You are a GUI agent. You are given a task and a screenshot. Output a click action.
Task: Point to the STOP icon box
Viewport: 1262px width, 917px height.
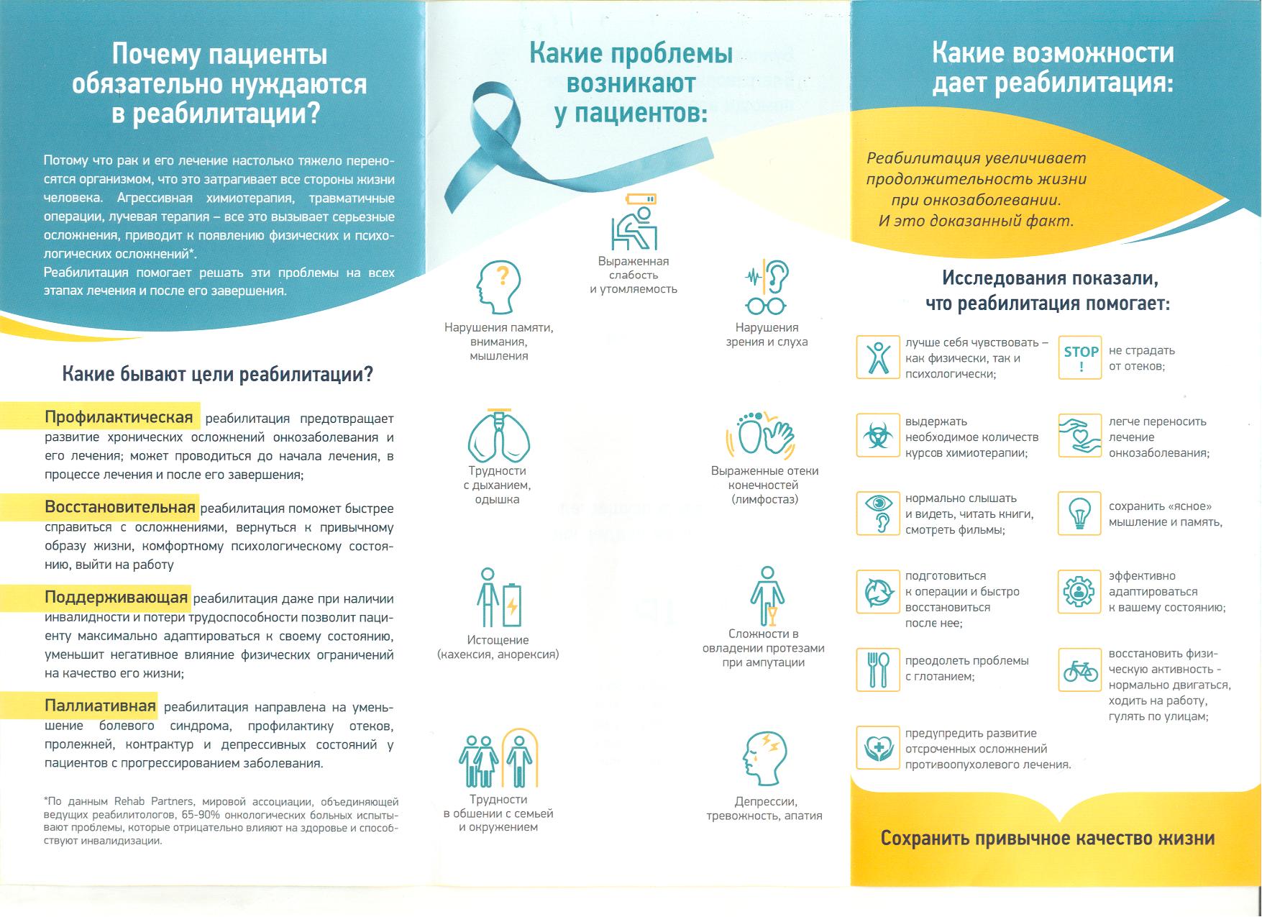pos(1079,357)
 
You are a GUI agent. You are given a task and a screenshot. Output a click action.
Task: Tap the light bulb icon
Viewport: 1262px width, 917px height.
pos(1079,514)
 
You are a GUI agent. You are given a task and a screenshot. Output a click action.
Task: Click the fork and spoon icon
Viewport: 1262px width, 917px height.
pos(878,669)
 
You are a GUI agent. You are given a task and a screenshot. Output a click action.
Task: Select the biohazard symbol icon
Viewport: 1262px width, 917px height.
pos(878,435)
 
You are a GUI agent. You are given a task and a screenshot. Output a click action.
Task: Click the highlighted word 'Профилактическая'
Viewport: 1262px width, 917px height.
pos(119,417)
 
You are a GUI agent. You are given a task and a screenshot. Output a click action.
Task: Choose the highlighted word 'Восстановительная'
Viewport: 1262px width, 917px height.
pos(120,507)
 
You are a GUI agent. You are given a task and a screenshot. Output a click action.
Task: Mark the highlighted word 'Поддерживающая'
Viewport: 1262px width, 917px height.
pos(116,597)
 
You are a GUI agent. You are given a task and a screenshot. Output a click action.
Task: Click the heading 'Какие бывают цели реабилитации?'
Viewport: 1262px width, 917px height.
pos(218,375)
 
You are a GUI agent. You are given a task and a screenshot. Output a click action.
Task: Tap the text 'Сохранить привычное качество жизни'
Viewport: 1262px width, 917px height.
pos(1048,838)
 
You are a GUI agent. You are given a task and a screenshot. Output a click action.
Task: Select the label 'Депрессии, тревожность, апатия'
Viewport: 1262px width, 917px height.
pos(764,808)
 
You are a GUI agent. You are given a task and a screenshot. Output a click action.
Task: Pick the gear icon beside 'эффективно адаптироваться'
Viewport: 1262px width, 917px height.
pos(1079,592)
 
